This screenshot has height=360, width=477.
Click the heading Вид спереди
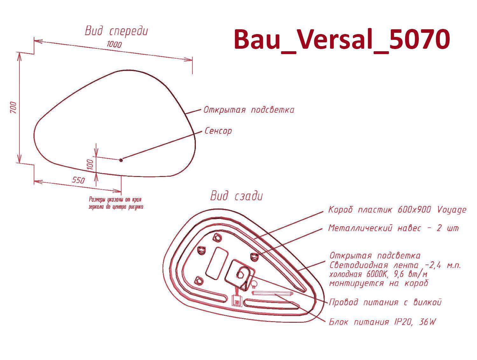coord(116,31)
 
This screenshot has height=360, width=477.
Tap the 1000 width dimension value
coord(114,44)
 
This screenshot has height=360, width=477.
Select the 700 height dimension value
coord(13,107)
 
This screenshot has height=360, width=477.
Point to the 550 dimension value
coord(78,180)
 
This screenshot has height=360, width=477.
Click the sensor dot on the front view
coord(121,160)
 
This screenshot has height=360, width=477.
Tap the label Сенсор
coord(218,131)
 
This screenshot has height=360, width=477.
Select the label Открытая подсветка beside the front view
coord(249,109)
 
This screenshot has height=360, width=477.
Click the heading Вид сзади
coord(237,196)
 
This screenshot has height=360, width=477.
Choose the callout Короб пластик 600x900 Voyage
coord(397,210)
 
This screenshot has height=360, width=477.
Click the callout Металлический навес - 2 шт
coord(393,228)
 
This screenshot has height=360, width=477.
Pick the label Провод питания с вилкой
coord(385,302)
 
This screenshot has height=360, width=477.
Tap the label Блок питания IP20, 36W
coord(382,322)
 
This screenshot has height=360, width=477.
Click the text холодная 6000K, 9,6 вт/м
coord(378,274)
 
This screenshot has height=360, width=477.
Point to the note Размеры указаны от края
coord(115,200)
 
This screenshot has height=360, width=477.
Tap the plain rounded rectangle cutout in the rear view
coord(217,263)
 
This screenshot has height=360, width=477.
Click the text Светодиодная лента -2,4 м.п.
coord(395,265)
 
